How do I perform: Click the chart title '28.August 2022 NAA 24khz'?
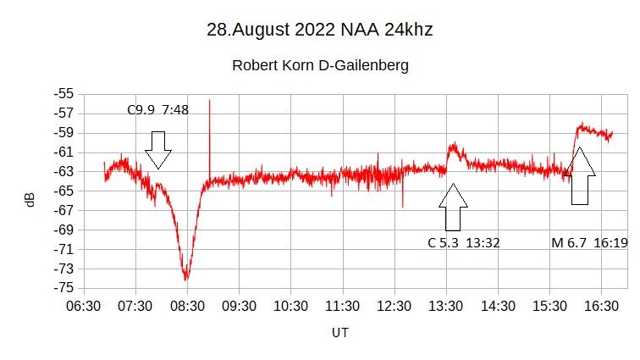pyautogui.click(x=320, y=30)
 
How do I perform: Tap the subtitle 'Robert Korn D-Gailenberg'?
pyautogui.click(x=320, y=65)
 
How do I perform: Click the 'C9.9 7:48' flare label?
pyautogui.click(x=157, y=109)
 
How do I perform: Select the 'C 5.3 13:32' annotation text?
pyautogui.click(x=463, y=243)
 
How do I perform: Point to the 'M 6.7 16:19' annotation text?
pyautogui.click(x=589, y=243)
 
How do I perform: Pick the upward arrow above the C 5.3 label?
pyautogui.click(x=453, y=207)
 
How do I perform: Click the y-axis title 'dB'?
pyautogui.click(x=30, y=200)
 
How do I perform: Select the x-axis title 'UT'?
pyautogui.click(x=339, y=332)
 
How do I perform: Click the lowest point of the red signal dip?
pyautogui.click(x=186, y=279)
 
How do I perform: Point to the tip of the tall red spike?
pyautogui.click(x=209, y=100)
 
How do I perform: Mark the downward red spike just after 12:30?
pyautogui.click(x=403, y=206)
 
